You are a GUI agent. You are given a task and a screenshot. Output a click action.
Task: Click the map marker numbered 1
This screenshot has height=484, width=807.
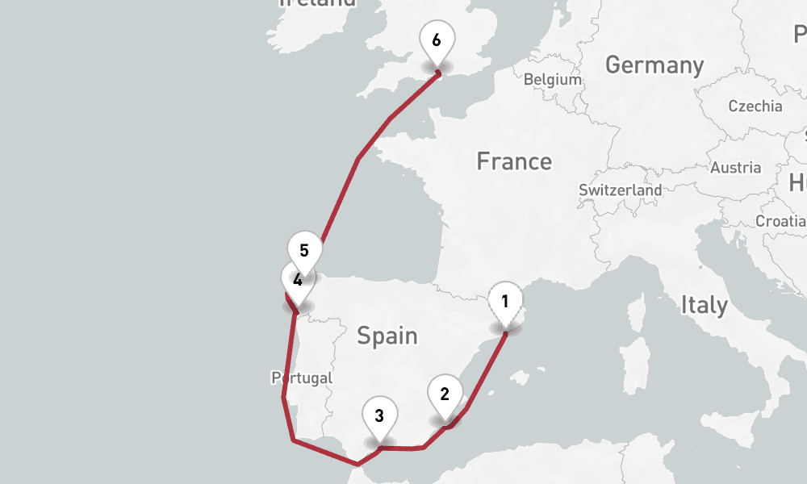coord(504,303)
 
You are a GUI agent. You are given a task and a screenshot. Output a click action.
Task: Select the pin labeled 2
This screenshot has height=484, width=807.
coord(445,394)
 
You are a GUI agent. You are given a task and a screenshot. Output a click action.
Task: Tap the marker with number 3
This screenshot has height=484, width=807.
coord(379,417)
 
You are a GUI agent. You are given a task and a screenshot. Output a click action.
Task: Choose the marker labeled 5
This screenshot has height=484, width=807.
coord(305,251)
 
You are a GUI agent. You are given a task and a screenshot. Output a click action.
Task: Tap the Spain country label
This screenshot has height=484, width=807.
coord(387,335)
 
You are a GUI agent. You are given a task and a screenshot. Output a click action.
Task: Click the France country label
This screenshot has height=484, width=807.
coord(514,161)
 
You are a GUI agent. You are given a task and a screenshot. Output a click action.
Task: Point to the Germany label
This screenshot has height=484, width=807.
coord(654,65)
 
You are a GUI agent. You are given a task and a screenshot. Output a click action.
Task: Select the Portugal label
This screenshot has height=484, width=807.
coord(302,378)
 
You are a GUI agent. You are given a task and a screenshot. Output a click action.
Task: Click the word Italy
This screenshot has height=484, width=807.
coord(704,305)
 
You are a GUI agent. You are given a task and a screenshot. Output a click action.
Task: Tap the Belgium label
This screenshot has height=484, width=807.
coord(553,80)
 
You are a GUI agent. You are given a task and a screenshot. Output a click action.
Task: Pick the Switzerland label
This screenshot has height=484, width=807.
coord(620,190)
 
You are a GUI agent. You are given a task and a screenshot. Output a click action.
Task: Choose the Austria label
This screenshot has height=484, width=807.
coord(735,168)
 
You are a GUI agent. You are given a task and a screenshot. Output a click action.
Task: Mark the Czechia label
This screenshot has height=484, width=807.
coord(755,106)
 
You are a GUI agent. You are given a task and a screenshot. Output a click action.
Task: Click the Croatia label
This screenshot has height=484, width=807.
coord(780,221)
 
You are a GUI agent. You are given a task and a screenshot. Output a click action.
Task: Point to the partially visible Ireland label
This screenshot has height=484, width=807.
coord(317,3)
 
